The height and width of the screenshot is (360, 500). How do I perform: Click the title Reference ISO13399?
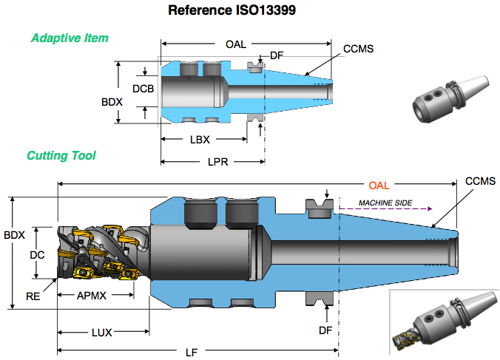pos(250,10)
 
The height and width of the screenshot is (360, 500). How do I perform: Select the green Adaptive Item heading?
pos(70,38)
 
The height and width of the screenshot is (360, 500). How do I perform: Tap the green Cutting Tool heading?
pos(61,156)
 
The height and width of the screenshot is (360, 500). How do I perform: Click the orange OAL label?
pos(378,185)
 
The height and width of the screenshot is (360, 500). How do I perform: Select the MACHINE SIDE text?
pos(385,203)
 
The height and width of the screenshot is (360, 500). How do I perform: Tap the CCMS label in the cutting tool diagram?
pos(479,181)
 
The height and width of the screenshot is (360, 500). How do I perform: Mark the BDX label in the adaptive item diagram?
pos(110,102)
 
